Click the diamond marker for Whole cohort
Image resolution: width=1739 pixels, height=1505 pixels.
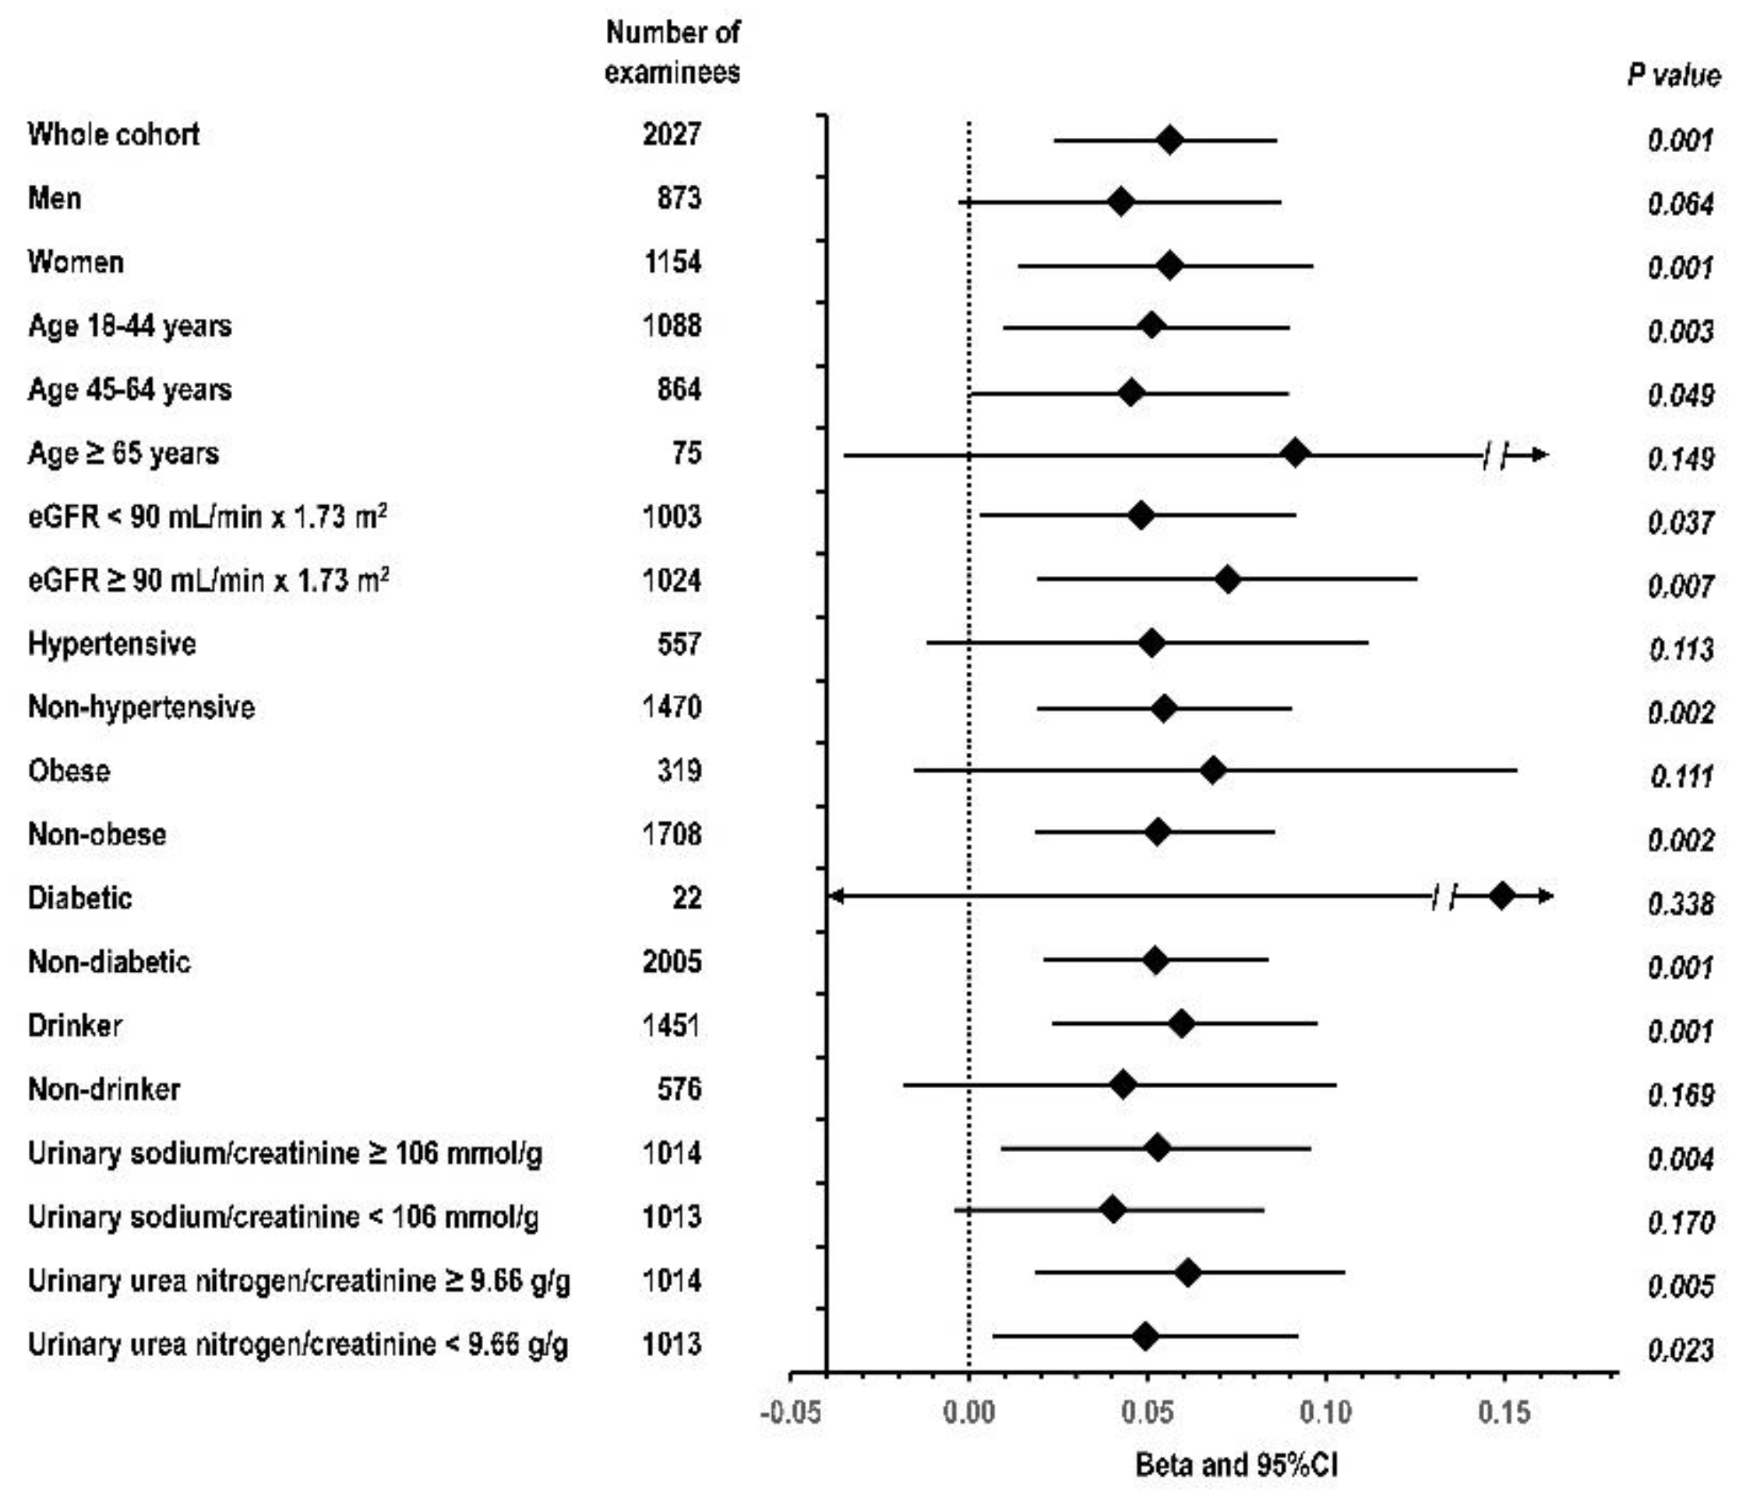tap(1169, 140)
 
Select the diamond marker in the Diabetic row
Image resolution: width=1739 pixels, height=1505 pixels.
tap(1501, 896)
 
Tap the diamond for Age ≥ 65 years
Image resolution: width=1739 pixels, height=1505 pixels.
tap(1296, 454)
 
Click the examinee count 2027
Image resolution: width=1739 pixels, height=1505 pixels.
tap(672, 134)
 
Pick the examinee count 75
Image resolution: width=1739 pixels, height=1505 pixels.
tap(687, 454)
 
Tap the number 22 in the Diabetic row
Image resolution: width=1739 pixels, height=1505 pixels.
tap(687, 898)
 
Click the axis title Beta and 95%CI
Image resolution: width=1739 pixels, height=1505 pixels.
tap(1236, 1465)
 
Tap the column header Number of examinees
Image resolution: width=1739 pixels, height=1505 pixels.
tap(672, 52)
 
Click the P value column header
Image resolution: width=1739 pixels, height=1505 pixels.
tap(1674, 76)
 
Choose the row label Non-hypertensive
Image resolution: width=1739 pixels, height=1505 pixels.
tap(141, 707)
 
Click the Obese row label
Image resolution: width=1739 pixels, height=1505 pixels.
tap(69, 771)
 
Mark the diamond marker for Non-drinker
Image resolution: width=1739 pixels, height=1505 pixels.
tap(1123, 1085)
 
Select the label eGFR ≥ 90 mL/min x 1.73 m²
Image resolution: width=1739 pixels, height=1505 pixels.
tap(208, 580)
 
